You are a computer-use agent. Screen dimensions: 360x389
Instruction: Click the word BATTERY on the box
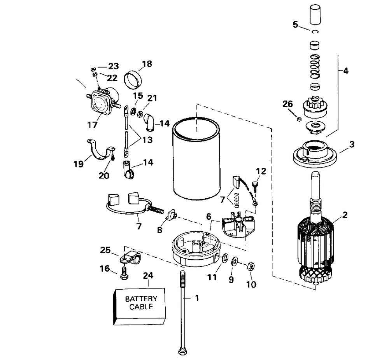coord(141,299)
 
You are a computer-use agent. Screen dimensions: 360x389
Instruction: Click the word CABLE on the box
coord(141,307)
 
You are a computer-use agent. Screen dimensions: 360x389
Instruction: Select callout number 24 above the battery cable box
coord(148,276)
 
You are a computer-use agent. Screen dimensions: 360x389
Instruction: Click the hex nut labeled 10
coord(251,266)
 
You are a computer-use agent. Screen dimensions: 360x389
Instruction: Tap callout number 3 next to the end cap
coord(352,145)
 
